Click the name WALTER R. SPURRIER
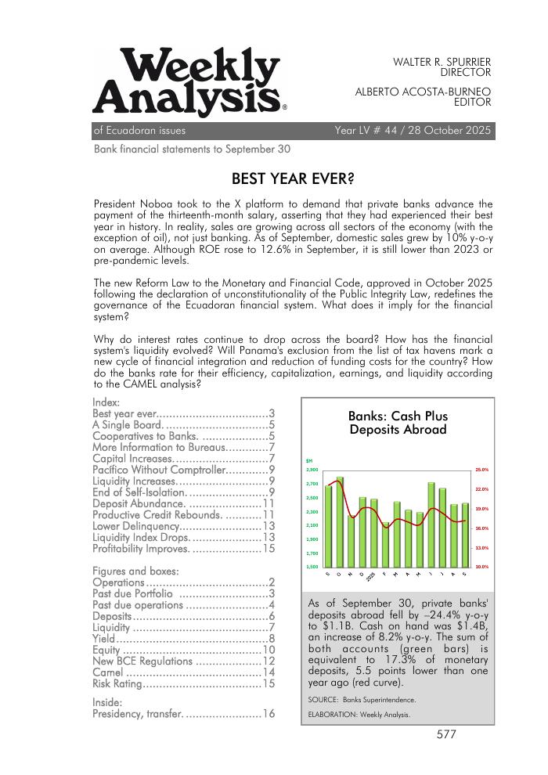[x=442, y=61]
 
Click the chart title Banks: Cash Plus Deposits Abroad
[x=398, y=423]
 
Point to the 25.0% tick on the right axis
[x=482, y=470]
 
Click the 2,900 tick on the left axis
[x=312, y=470]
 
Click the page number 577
[x=446, y=734]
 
